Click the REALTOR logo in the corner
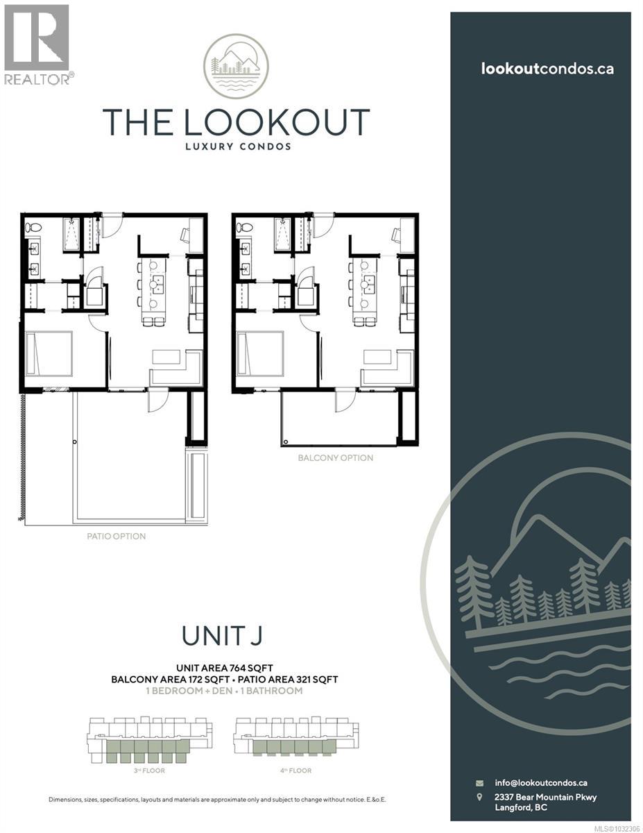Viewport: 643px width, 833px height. (x=36, y=43)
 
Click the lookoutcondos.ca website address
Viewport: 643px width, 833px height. (x=547, y=69)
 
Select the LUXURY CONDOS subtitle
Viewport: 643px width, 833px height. (x=236, y=146)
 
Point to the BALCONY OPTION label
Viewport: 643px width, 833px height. (x=335, y=458)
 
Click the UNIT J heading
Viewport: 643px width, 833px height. (x=224, y=634)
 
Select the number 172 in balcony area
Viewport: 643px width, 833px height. (x=193, y=680)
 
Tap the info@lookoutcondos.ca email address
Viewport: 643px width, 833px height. (x=541, y=782)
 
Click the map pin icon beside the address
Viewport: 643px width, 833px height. (x=479, y=798)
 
